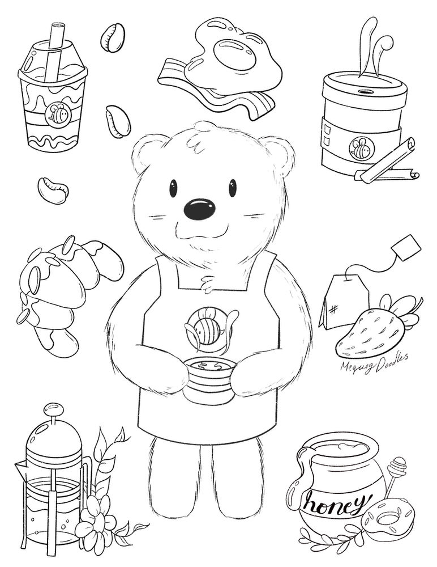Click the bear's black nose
(x=200, y=210)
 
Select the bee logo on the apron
(x=205, y=329)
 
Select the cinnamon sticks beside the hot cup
(x=385, y=164)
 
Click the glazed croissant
(x=62, y=289)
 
